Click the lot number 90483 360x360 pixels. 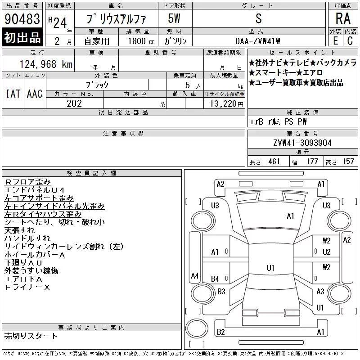coord(22,18)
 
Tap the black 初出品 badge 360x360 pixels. coord(22,37)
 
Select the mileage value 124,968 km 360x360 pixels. coord(46,64)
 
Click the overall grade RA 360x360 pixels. coord(343,18)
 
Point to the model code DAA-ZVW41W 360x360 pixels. coord(257,41)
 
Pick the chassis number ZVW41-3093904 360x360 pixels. coord(302,143)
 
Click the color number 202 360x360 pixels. coord(74,103)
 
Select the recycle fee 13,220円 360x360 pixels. coord(226,104)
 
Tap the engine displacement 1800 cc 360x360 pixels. coord(141,41)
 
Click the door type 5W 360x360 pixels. coord(174,18)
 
